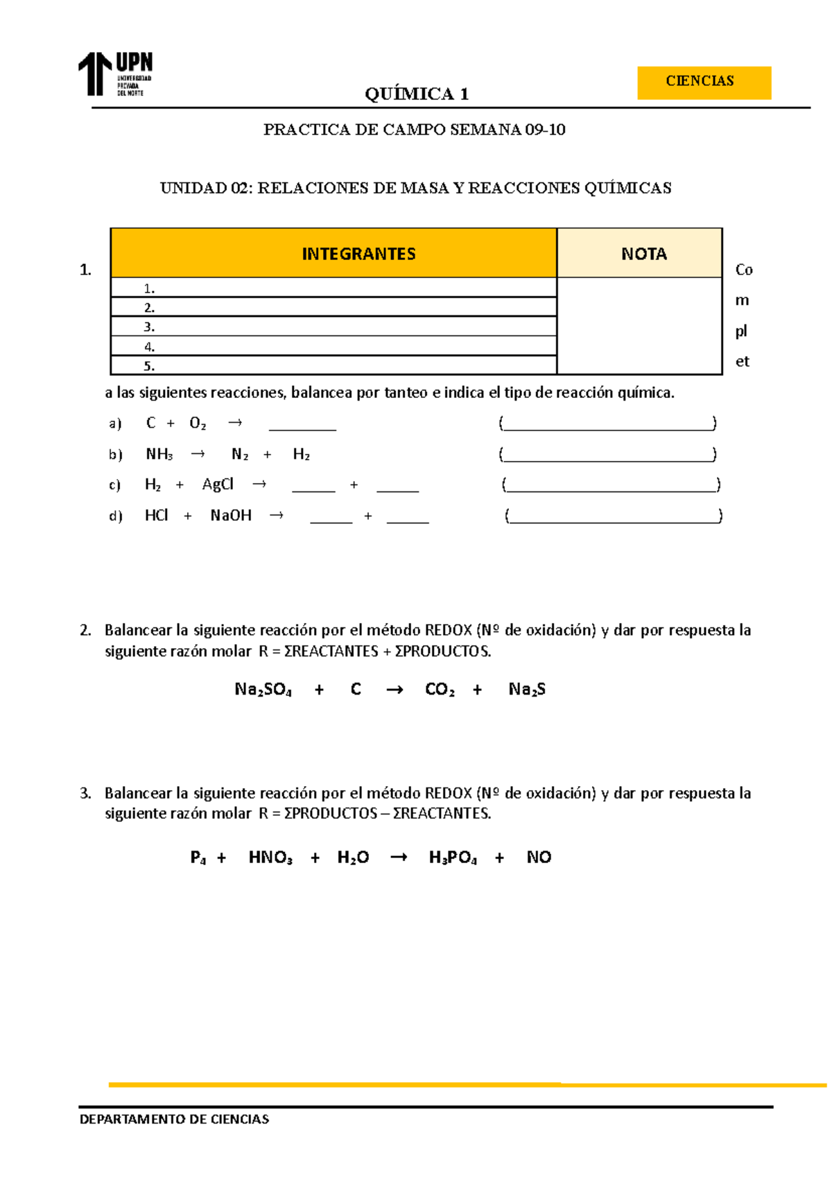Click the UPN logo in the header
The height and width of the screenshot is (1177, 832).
click(x=114, y=73)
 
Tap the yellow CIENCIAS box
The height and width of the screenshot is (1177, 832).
click(x=704, y=82)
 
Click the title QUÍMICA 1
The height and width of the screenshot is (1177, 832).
click(x=417, y=94)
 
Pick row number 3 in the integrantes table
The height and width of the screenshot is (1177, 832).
click(x=333, y=326)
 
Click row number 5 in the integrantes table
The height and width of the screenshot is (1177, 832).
click(x=333, y=365)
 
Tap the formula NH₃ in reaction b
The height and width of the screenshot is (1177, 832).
click(x=159, y=455)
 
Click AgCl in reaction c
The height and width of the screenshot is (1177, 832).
click(x=218, y=485)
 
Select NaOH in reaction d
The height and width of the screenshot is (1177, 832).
click(x=231, y=516)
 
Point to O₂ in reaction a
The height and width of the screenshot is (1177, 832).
click(x=198, y=424)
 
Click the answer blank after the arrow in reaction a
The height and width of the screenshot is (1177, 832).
click(x=302, y=424)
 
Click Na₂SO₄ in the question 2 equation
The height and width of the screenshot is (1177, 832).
click(x=263, y=689)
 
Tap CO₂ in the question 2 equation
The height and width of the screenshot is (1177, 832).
click(x=440, y=689)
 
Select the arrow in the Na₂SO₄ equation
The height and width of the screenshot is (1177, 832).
click(x=395, y=690)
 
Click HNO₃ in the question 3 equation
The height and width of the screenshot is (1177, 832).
click(x=270, y=857)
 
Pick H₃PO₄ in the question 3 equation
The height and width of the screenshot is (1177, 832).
click(x=453, y=857)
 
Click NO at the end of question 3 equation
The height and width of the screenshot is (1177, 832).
click(x=539, y=857)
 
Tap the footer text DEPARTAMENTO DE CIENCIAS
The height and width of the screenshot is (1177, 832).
click(x=174, y=1119)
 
